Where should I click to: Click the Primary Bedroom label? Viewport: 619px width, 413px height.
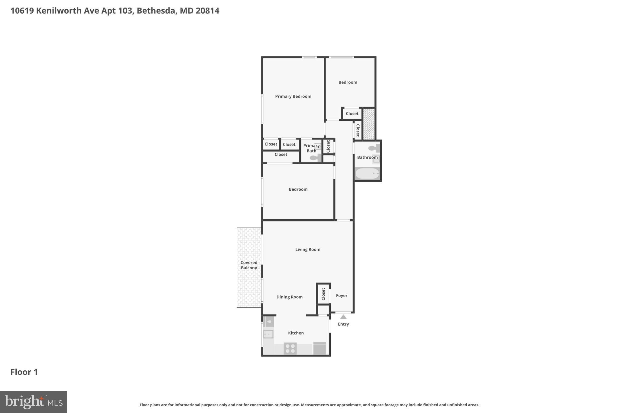tap(293, 97)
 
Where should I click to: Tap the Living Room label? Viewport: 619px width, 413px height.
tap(308, 250)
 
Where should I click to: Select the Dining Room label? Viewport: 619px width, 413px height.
tap(289, 297)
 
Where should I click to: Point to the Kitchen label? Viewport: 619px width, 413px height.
tap(296, 333)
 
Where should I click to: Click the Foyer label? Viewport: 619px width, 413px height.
tap(342, 296)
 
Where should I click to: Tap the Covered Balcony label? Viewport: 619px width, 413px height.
tap(249, 265)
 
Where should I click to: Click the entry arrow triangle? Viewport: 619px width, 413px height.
tap(343, 317)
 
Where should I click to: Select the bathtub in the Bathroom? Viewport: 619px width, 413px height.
tap(367, 174)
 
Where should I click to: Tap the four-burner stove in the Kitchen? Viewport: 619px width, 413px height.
tap(290, 349)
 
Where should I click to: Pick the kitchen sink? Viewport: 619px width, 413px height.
tap(268, 334)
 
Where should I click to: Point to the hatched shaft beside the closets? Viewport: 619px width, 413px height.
tap(369, 124)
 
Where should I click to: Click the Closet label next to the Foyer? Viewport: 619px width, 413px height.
tap(323, 294)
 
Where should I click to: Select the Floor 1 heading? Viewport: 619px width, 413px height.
tap(24, 372)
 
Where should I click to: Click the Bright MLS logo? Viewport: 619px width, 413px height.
tap(34, 402)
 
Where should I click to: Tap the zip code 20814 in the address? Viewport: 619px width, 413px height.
tap(207, 11)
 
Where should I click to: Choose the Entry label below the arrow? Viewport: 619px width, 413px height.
tap(343, 324)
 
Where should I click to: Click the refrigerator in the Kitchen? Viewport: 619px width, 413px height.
tap(319, 349)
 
